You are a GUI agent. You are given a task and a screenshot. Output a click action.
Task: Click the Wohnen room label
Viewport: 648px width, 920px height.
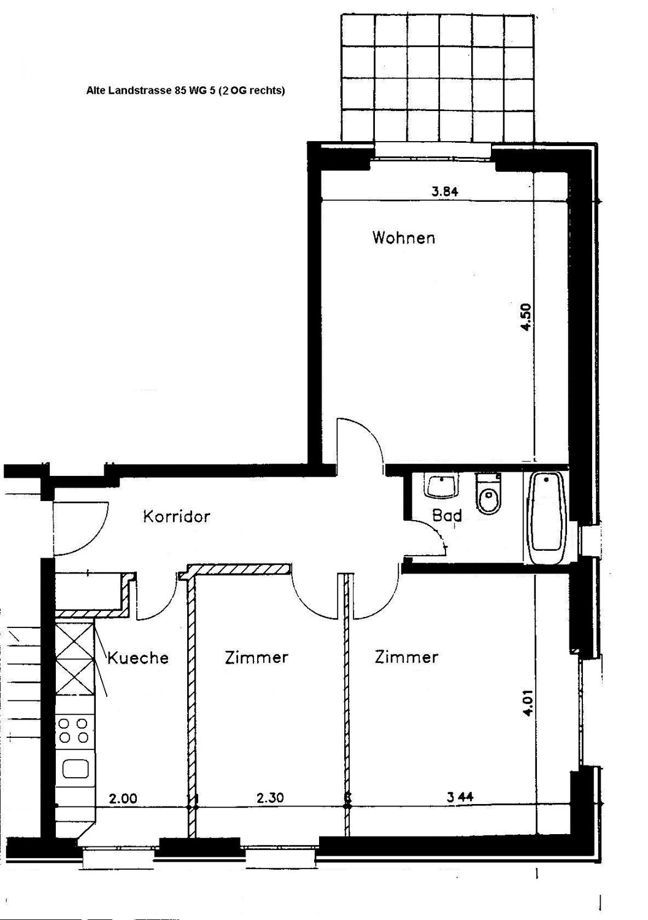404,238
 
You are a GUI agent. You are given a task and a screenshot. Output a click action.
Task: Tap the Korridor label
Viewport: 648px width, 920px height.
177,516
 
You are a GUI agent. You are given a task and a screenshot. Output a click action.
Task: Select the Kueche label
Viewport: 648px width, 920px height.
138,658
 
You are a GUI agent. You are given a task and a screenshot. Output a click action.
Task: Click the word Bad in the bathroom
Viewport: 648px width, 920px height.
447,515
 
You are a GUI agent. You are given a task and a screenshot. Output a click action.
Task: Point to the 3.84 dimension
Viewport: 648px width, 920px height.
445,191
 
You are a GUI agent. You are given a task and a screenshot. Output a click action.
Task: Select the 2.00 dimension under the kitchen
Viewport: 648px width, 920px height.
123,799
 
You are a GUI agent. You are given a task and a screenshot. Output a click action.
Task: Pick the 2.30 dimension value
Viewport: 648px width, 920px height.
270,797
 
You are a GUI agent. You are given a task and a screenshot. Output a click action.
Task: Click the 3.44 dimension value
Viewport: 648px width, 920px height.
460,797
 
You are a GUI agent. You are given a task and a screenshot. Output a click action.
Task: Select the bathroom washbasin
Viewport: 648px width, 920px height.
442,487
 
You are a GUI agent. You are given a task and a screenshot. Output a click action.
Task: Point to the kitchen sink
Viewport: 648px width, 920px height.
75,769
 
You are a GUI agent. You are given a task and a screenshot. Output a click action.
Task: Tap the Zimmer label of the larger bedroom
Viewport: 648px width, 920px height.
406,657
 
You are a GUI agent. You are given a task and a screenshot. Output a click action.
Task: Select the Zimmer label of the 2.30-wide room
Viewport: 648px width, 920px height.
256,657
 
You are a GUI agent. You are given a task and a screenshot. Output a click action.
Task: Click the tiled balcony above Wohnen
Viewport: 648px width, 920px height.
438,79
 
